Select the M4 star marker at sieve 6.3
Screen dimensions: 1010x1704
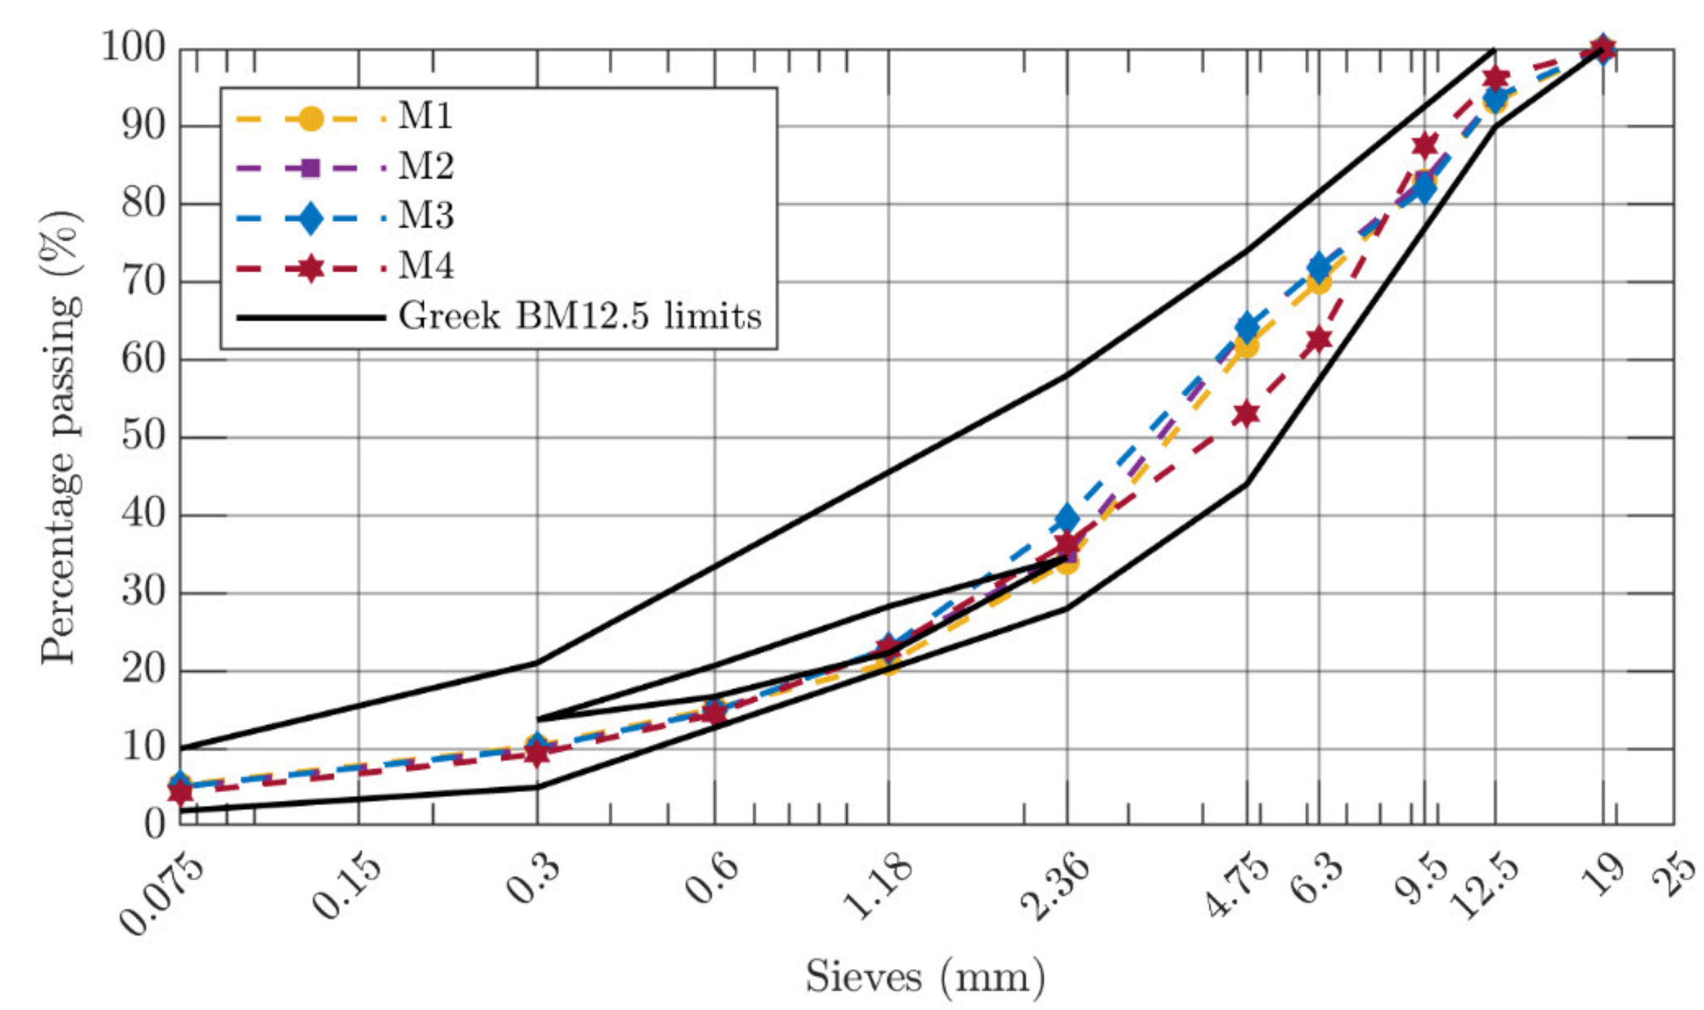[x=1319, y=339]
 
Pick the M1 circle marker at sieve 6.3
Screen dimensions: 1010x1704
[x=1319, y=281]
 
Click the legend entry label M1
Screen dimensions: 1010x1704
[x=425, y=117]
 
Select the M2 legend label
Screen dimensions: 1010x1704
[x=425, y=167]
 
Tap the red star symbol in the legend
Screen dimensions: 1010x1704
[x=310, y=267]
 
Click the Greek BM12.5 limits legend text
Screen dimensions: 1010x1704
[x=580, y=317]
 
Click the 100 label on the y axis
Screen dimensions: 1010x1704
[x=133, y=49]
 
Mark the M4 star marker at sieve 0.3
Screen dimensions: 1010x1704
[x=537, y=753]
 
